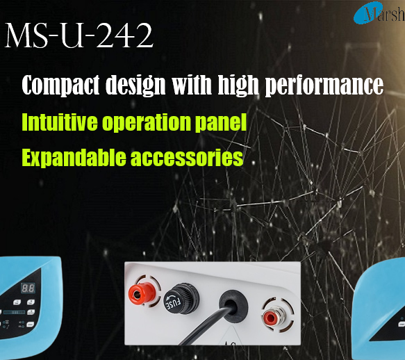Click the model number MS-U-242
point(79,35)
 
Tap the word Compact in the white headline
point(60,85)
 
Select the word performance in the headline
point(324,85)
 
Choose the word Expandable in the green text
point(74,157)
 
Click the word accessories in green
point(187,158)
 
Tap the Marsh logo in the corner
point(379,13)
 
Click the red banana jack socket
point(140,293)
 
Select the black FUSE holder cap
point(181,298)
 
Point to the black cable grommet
point(233,304)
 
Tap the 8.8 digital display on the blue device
point(28,288)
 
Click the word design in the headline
point(135,85)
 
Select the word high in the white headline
point(238,85)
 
